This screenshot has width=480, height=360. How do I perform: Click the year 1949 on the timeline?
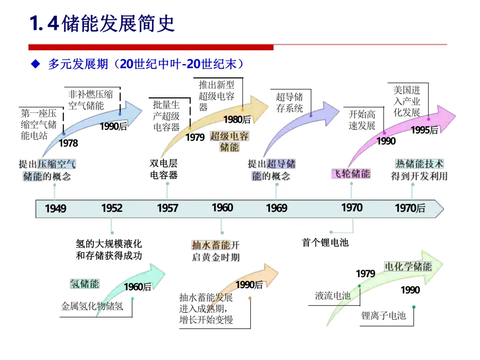tap(56, 208)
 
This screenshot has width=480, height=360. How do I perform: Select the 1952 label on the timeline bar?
tap(112, 208)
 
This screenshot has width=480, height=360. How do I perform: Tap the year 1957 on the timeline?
tap(168, 208)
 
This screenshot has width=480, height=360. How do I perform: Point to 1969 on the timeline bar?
tap(276, 208)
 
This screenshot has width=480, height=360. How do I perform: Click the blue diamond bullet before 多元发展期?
tap(36, 64)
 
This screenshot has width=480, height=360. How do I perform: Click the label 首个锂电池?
tap(325, 243)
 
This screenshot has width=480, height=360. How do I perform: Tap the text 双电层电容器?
tap(164, 169)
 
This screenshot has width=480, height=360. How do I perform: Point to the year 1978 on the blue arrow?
tap(68, 143)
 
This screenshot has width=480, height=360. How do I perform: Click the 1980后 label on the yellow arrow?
tap(237, 119)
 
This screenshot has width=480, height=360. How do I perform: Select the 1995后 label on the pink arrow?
tap(424, 130)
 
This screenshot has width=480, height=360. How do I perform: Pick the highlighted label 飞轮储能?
tap(351, 173)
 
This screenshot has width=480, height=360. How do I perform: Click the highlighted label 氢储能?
tap(84, 284)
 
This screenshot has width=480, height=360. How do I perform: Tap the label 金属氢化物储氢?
tap(92, 306)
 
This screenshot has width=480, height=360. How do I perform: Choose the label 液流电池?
tap(333, 296)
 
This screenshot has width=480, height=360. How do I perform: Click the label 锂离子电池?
tap(384, 316)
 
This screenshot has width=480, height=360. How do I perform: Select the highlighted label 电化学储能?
tap(408, 266)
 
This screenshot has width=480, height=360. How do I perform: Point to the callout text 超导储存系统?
tap(289, 103)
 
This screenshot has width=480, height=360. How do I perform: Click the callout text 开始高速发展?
tap(362, 120)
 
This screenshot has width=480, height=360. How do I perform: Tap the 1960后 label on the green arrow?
tap(138, 287)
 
